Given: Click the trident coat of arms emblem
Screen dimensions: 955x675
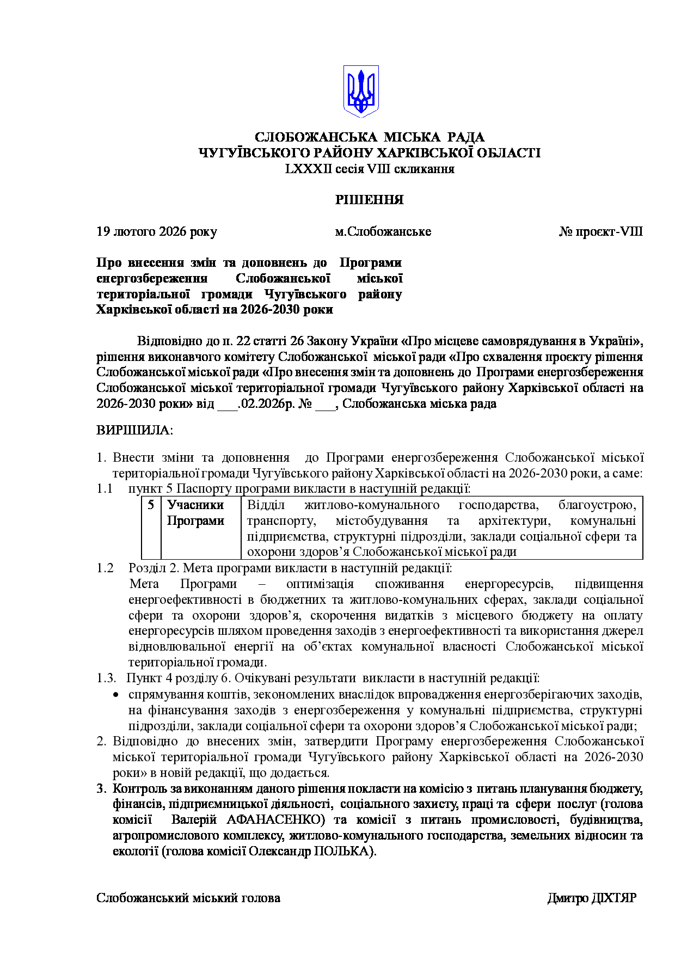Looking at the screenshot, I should pyautogui.click(x=360, y=91).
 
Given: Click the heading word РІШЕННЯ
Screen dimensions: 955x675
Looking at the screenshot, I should pyautogui.click(x=369, y=200).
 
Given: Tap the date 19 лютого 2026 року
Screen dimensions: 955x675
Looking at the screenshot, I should pyautogui.click(x=157, y=231).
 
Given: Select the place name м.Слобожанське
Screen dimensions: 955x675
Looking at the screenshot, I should pyautogui.click(x=383, y=231).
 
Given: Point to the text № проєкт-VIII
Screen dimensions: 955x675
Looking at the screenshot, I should pyautogui.click(x=600, y=231).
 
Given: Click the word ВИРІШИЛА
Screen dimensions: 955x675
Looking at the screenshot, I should pyautogui.click(x=134, y=430).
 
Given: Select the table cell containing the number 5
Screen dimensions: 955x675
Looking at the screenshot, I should pyautogui.click(x=151, y=505).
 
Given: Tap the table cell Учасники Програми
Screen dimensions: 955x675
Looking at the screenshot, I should pyautogui.click(x=195, y=513).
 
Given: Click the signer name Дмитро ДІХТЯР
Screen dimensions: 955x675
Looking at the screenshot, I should pyautogui.click(x=591, y=898).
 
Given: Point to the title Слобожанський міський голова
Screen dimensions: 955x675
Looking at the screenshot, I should pyautogui.click(x=188, y=898).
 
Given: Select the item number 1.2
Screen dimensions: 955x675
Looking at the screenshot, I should pyautogui.click(x=105, y=568).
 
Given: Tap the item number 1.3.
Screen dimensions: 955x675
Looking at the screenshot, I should pyautogui.click(x=106, y=678).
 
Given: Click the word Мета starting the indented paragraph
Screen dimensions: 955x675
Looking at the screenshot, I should pyautogui.click(x=144, y=584).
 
